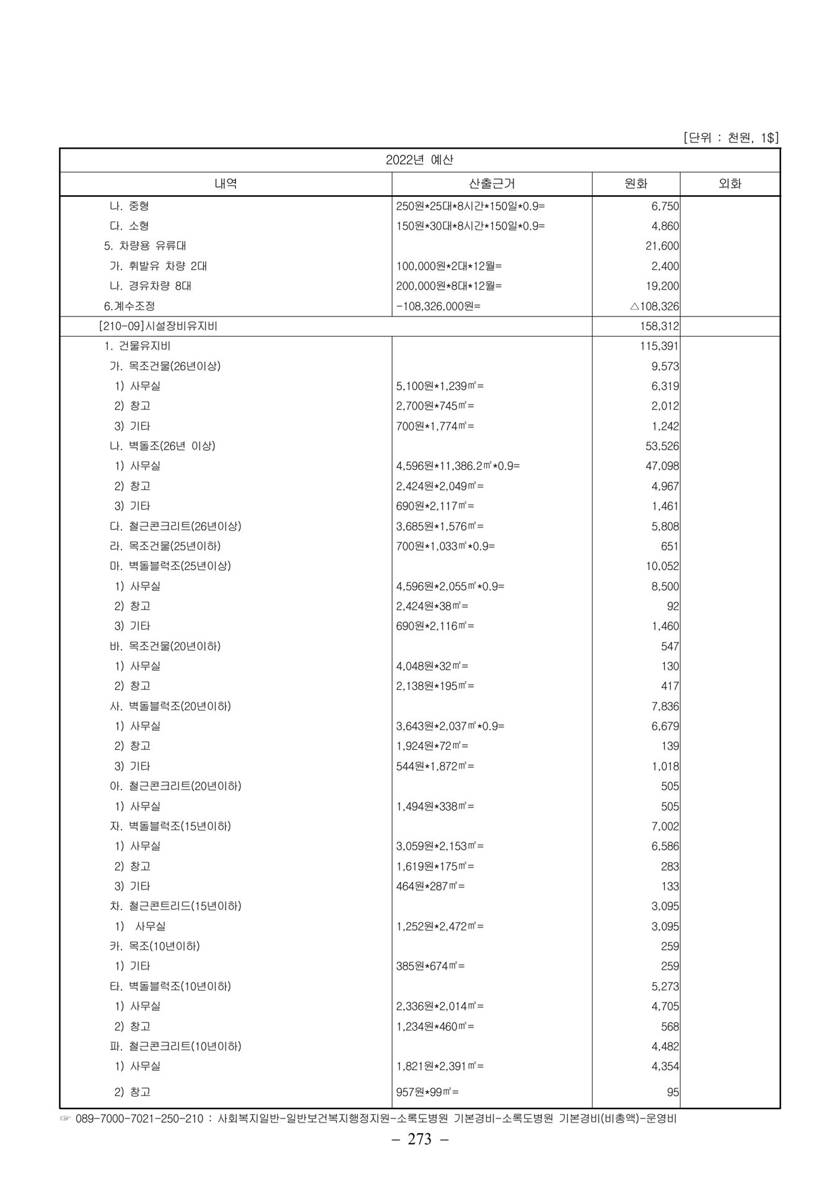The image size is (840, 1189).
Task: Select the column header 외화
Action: pos(729,184)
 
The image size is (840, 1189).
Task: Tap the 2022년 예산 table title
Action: pos(419,160)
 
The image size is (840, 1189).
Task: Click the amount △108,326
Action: pos(654,306)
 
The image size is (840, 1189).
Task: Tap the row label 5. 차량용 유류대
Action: pos(145,246)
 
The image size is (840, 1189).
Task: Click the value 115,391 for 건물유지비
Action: pos(659,346)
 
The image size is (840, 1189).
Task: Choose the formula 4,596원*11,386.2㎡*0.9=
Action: pos(458,466)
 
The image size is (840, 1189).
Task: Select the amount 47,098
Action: pos(662,466)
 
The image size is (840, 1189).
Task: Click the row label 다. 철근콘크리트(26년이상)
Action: pos(175,526)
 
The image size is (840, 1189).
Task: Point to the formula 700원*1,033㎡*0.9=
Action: pos(445,546)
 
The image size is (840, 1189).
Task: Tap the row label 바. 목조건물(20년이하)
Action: pos(165,646)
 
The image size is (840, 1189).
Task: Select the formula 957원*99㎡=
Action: pos(427,1092)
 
